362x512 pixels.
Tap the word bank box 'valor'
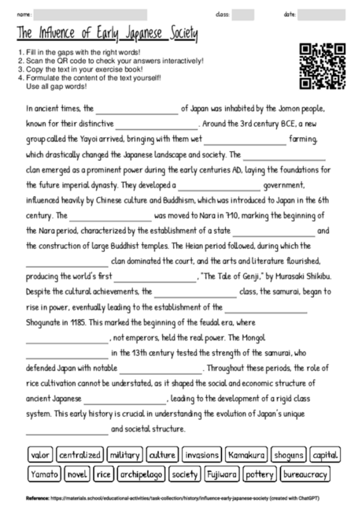pyautogui.click(x=39, y=455)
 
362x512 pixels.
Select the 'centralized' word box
pyautogui.click(x=80, y=455)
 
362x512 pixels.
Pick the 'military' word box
pyautogui.click(x=125, y=455)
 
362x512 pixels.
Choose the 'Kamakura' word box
pyautogui.click(x=246, y=455)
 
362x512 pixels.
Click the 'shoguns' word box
pyautogui.click(x=289, y=455)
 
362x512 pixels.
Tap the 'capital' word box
pyautogui.click(x=325, y=455)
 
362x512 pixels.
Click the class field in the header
pyautogui.click(x=243, y=14)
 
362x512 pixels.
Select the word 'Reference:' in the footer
pyautogui.click(x=37, y=499)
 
